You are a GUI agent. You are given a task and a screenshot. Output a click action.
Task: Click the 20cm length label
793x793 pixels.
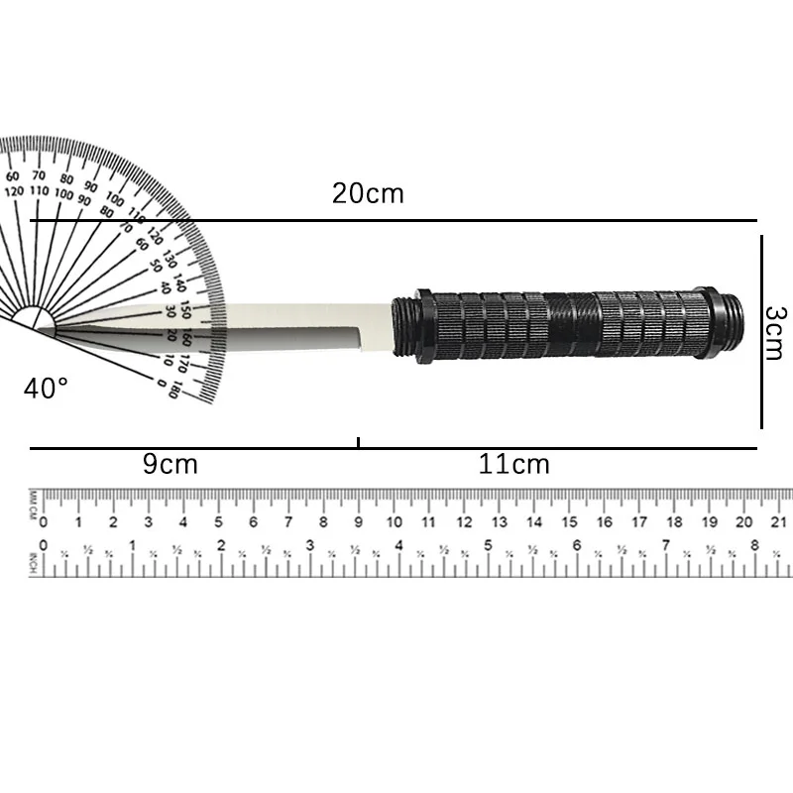point(368,193)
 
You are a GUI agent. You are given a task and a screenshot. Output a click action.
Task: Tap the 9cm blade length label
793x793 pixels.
point(170,464)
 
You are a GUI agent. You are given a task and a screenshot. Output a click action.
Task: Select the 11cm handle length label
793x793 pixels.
point(513,464)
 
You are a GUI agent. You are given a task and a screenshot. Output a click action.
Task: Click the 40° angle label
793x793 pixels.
point(47,388)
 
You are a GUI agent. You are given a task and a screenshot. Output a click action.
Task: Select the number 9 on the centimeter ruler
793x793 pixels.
point(359,522)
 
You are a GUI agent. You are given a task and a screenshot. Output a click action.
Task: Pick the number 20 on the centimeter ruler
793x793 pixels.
point(744,522)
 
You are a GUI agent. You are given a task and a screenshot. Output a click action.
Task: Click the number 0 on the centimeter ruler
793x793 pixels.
point(43,522)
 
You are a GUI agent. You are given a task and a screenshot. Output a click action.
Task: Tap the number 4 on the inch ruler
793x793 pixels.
point(398,545)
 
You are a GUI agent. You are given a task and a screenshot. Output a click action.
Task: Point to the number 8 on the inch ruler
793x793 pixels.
point(755,545)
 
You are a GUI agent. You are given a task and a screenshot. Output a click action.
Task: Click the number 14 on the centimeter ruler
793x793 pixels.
point(534,522)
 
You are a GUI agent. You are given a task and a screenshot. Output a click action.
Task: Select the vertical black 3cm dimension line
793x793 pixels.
point(761,332)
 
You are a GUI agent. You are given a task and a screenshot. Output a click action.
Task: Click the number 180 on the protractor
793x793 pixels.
point(174,391)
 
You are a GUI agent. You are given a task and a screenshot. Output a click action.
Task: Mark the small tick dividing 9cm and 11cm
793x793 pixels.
point(358,443)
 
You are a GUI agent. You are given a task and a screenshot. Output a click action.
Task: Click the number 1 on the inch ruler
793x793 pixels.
point(132,545)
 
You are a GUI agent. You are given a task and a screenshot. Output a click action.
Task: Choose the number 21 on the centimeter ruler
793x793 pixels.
point(779,522)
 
